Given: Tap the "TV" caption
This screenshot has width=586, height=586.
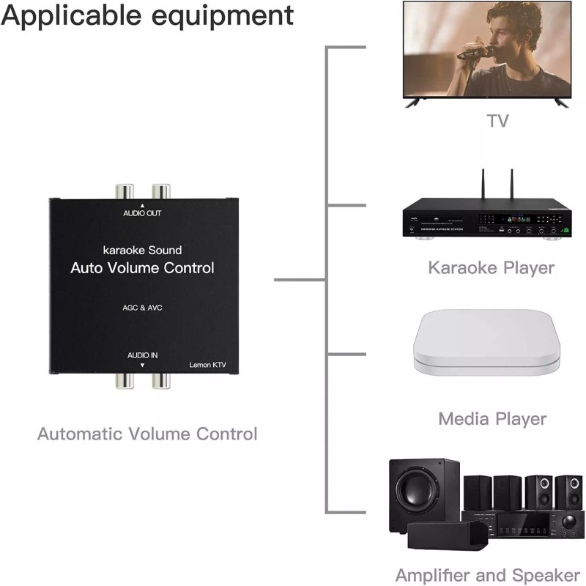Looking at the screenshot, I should coord(497,120).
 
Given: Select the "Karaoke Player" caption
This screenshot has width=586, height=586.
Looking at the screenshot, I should coord(492,267).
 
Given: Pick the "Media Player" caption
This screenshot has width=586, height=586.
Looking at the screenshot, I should coord(492,419).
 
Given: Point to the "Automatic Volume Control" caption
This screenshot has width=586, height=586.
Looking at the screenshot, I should coord(147,434).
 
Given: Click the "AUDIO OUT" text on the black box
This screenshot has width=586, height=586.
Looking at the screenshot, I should coord(141,214).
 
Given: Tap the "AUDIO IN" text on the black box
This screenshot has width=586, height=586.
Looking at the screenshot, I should coord(142,355).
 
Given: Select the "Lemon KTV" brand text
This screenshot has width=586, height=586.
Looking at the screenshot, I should coord(207,364).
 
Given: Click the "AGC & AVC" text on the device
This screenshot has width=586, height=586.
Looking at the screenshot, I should coord(142,308).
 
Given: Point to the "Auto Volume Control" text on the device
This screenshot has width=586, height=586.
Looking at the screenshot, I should coord(142,268).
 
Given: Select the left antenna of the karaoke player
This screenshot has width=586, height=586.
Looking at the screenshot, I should coord(483,185).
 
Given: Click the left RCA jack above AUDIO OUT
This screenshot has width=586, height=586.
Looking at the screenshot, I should coord(124,193).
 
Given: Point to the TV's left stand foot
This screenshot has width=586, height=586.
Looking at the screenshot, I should coord(413,103).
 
